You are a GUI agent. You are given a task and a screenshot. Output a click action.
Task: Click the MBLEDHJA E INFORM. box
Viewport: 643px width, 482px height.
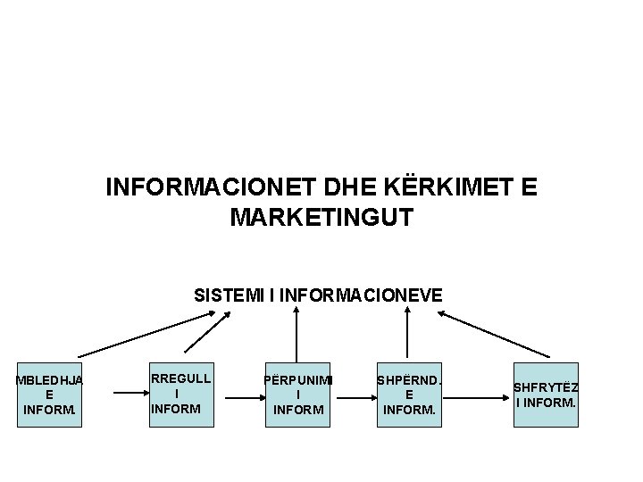(x=50, y=394)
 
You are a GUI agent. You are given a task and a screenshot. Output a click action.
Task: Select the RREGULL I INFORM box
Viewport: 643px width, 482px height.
(x=181, y=394)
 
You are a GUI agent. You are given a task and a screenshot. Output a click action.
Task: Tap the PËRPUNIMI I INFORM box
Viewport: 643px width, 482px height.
(x=298, y=394)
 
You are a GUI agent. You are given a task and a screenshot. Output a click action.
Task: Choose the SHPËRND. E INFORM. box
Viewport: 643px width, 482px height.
(x=409, y=394)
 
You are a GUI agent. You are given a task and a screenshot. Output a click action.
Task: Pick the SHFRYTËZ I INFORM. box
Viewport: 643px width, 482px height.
(x=546, y=394)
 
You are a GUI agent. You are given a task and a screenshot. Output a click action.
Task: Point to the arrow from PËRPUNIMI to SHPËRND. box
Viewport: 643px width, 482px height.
(x=352, y=394)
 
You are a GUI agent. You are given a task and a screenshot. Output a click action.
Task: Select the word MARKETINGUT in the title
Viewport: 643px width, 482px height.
(x=321, y=217)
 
